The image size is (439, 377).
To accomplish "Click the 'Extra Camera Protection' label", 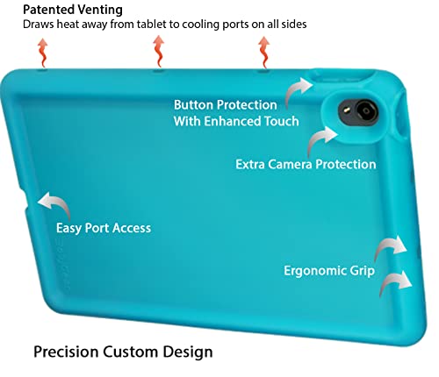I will tap(306, 164).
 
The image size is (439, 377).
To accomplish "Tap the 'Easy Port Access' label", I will tap(104, 228).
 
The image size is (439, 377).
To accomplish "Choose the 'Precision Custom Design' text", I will tap(123, 352).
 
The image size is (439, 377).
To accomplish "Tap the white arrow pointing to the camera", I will tap(322, 140).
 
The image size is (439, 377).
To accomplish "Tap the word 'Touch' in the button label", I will tap(279, 121).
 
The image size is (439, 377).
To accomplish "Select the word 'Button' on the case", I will tap(195, 105).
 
